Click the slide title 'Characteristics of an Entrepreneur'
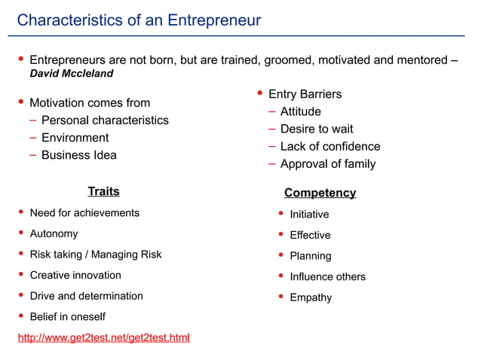139,20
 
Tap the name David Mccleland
71,75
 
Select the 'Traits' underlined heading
103,191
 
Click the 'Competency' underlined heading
320,193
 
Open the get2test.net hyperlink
103,337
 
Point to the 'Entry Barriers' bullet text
305,94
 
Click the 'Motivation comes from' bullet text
89,102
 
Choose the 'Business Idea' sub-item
78,155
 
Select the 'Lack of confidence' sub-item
329,146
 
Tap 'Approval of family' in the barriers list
327,163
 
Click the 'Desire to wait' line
316,129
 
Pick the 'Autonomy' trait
54,233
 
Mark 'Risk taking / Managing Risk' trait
95,255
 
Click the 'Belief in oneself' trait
67,316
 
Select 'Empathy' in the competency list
311,297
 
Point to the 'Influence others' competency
327,276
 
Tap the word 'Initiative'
309,215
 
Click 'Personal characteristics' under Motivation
105,121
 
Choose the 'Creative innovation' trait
75,275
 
